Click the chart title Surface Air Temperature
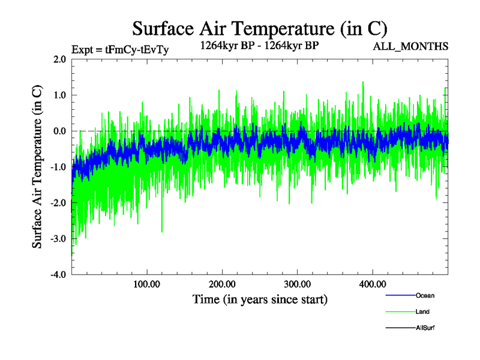[259, 28]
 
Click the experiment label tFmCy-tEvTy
[120, 50]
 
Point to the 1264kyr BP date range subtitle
[259, 44]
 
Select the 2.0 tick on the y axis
[59, 59]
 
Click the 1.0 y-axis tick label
[59, 95]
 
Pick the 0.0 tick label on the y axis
[59, 131]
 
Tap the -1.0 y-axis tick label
[58, 167]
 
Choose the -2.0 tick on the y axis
[58, 203]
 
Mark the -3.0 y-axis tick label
[58, 239]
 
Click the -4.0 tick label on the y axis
[58, 275]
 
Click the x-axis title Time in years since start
[259, 299]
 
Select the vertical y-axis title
[37, 167]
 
